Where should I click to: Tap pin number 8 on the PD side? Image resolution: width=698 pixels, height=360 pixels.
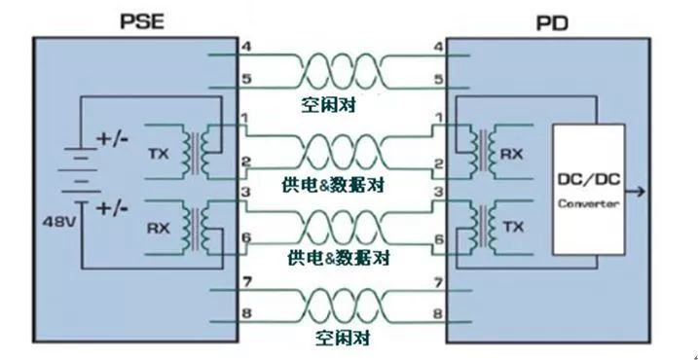point(437,314)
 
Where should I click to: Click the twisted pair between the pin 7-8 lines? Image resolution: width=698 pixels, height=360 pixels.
point(339,301)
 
